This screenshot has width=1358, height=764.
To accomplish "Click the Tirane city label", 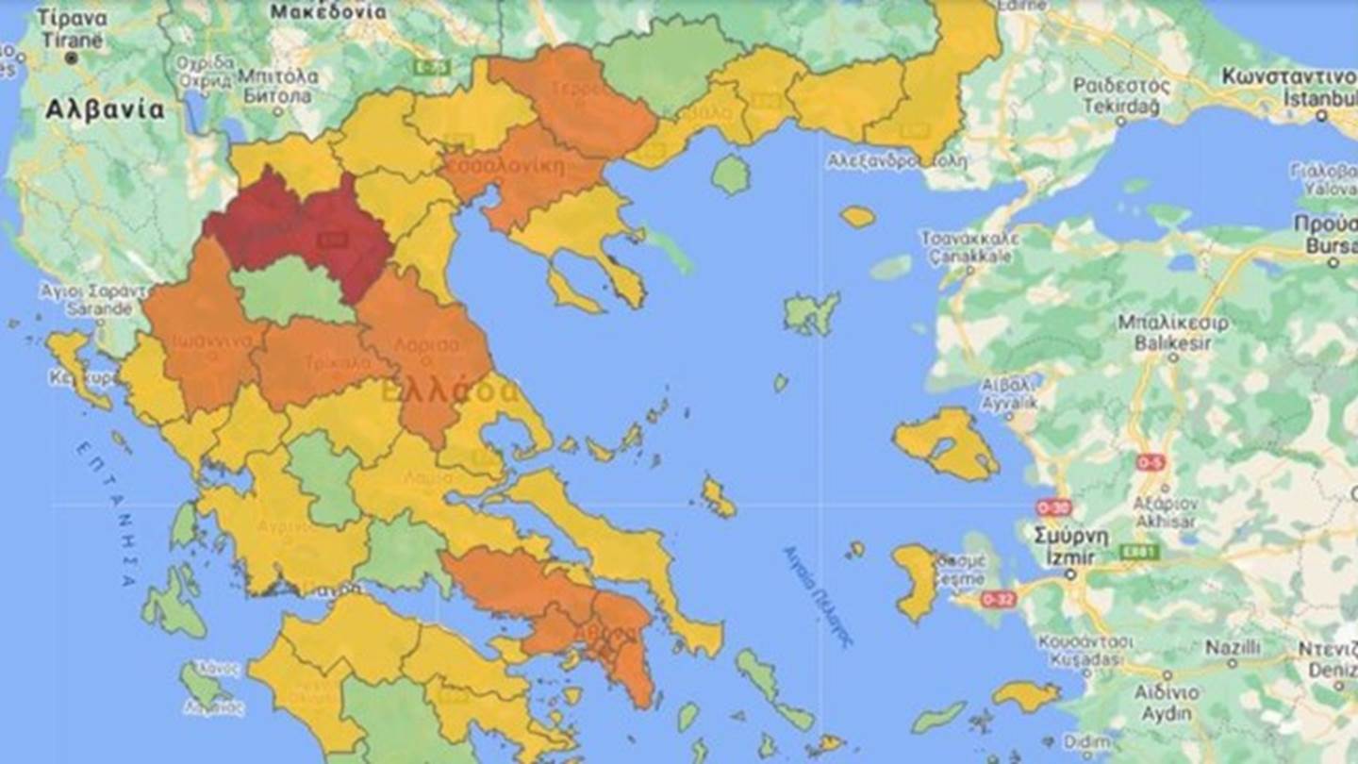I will [72, 40].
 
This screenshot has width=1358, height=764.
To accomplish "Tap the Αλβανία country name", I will [104, 109].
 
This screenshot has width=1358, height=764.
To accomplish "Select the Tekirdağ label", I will [1120, 106].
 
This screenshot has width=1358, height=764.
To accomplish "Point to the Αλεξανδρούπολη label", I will [896, 161].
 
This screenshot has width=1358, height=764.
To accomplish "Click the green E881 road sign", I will [1139, 552].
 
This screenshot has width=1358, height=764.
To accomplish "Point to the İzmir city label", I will [1069, 557].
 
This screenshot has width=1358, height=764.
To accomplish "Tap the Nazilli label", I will [1231, 649].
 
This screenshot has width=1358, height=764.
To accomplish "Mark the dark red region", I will [302, 231].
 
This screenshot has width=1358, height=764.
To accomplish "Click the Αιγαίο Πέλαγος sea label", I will [817, 595].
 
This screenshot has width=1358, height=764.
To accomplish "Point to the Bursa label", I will [1330, 246].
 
